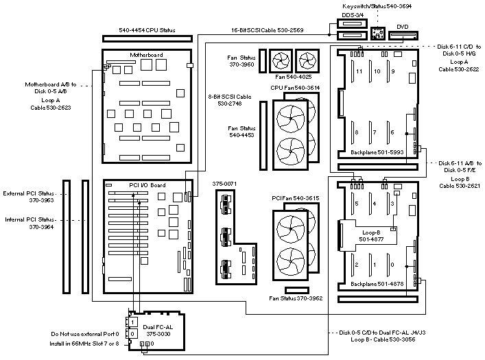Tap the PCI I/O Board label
(x=128, y=185)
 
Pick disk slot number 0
(x=392, y=264)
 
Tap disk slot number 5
(x=357, y=204)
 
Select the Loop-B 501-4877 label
(x=372, y=236)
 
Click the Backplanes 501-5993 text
(x=369, y=151)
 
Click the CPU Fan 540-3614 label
(x=295, y=88)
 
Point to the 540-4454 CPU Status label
(x=147, y=30)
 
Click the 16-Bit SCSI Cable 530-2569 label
(x=268, y=30)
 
